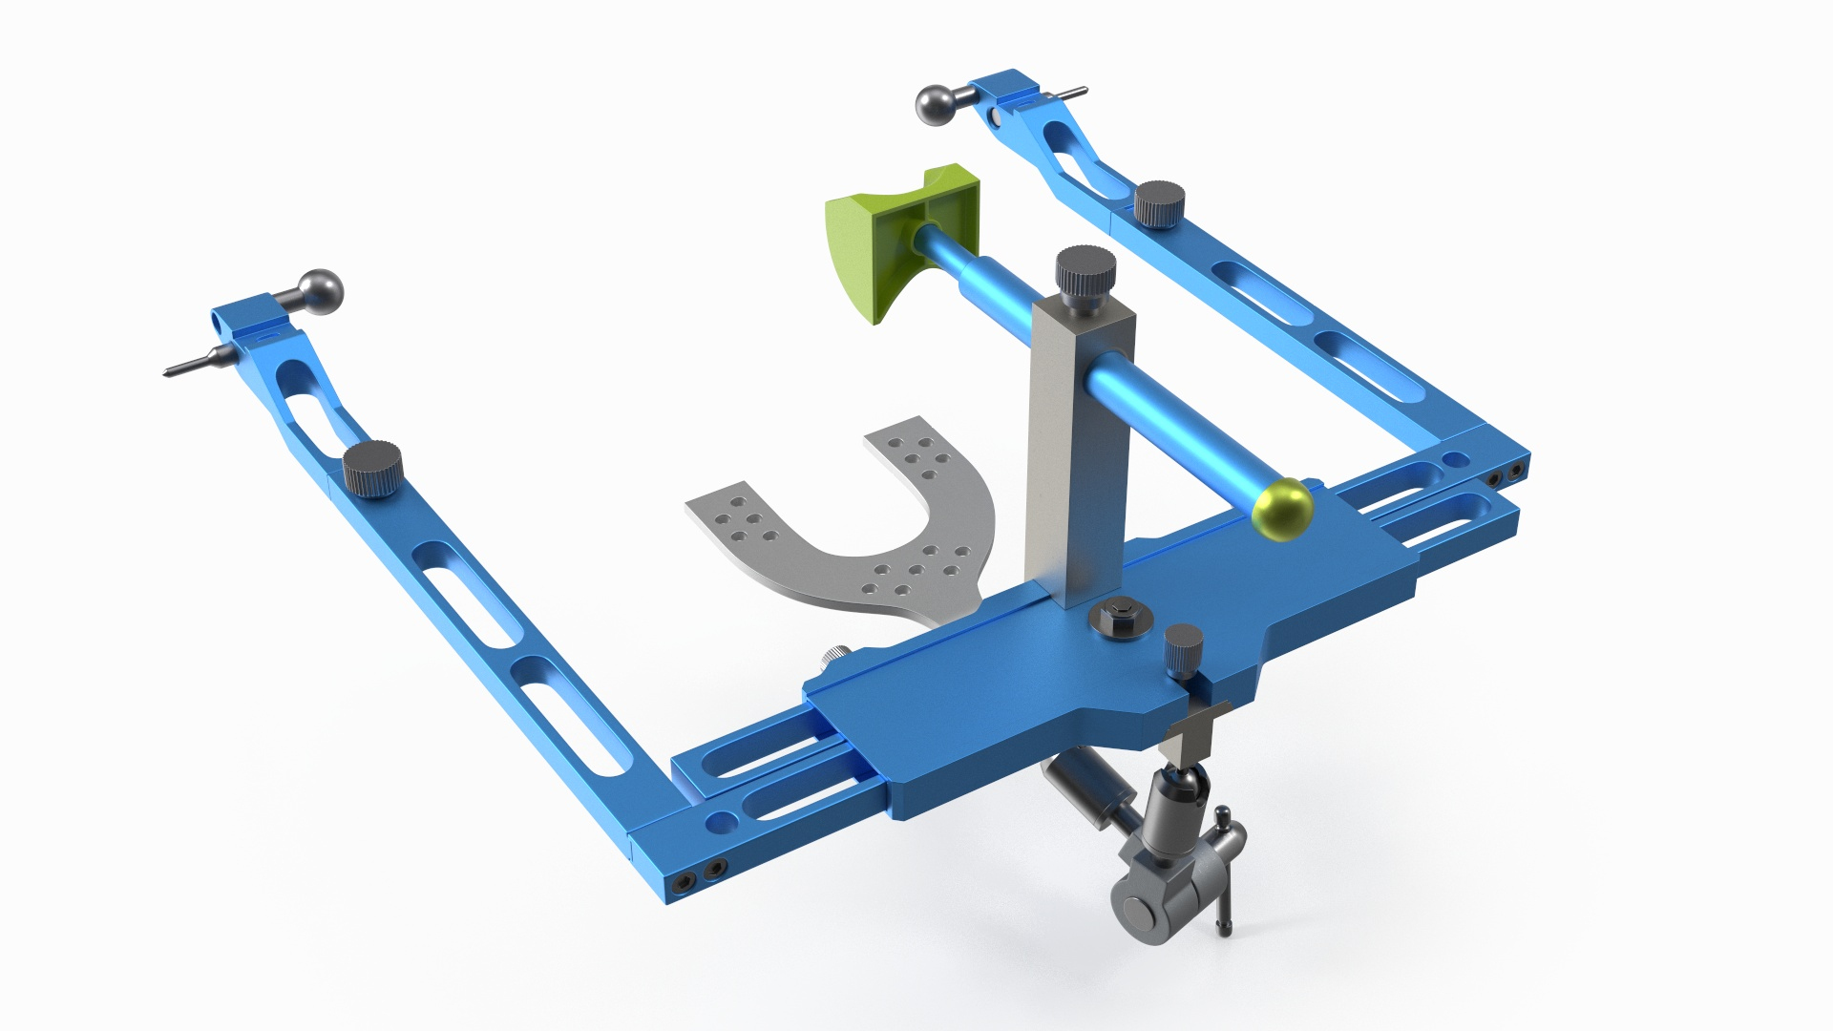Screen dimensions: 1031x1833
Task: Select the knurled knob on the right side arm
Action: pos(1159,204)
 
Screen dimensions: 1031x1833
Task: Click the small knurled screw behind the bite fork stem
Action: pos(834,656)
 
